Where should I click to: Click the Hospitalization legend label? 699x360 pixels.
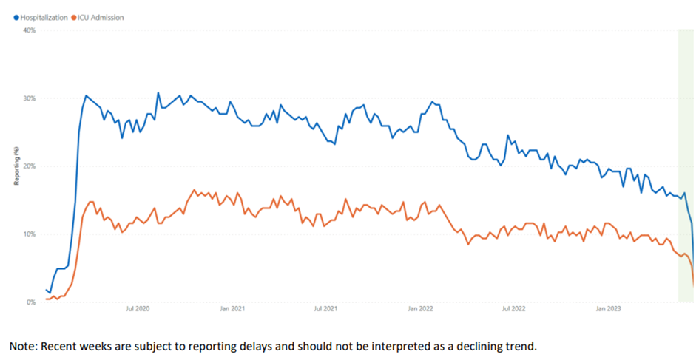(x=44, y=17)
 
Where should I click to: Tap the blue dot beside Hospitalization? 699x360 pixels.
(x=16, y=17)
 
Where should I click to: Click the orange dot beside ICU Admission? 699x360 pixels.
(x=73, y=17)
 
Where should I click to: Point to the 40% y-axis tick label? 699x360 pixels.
(x=30, y=30)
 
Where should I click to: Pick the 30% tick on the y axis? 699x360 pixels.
(x=30, y=98)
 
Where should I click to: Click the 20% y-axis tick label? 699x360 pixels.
(x=30, y=166)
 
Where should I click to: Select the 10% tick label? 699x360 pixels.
(x=30, y=234)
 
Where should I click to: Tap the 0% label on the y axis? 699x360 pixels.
(x=31, y=302)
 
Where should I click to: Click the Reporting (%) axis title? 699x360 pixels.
(x=16, y=166)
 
